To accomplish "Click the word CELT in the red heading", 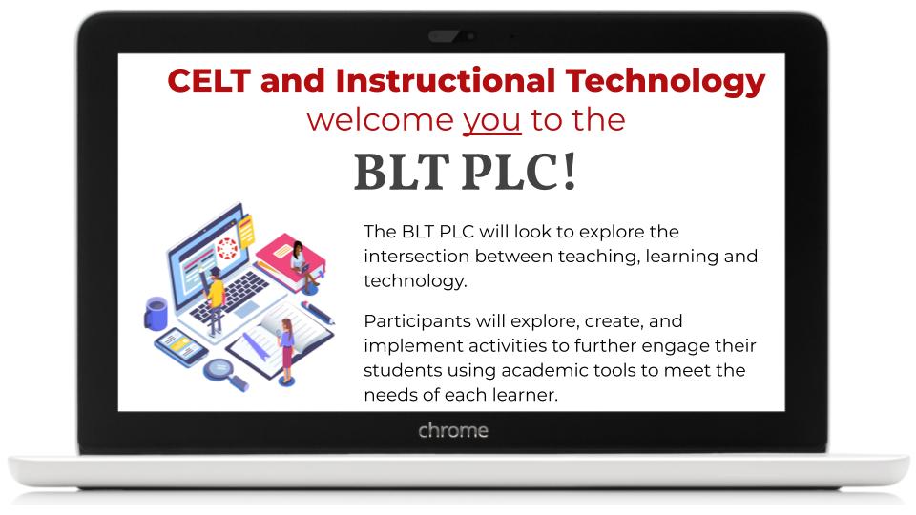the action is (209, 80).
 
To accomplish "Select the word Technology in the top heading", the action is (665, 83).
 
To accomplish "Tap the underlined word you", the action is (492, 121).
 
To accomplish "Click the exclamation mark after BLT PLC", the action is (570, 171).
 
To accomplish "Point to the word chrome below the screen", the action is (453, 431).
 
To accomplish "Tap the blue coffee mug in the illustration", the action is (156, 313).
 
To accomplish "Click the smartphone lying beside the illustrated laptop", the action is (181, 346).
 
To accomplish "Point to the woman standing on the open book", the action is (286, 350).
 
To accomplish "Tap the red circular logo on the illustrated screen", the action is (227, 249).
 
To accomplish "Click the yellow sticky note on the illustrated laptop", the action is (246, 230).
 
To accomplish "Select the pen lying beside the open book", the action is (319, 313).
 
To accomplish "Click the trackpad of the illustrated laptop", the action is (246, 308).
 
